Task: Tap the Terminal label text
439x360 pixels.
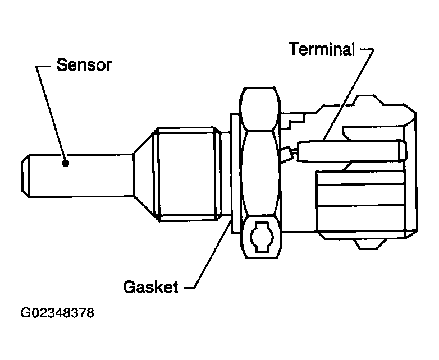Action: pyautogui.click(x=322, y=49)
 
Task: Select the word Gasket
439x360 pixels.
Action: pyautogui.click(x=150, y=287)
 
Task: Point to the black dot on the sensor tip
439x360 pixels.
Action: pyautogui.click(x=66, y=163)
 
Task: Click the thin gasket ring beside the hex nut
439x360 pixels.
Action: pyautogui.click(x=233, y=168)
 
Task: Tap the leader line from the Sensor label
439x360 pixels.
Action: pyautogui.click(x=51, y=107)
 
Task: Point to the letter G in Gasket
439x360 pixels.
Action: pyautogui.click(x=129, y=287)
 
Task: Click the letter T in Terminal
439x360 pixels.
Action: pyautogui.click(x=294, y=49)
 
